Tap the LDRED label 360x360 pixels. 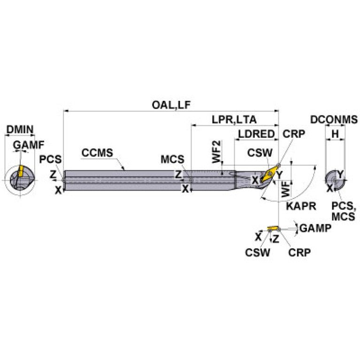click(256, 134)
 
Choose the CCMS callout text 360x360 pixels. click(97, 153)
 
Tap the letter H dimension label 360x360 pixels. click(335, 134)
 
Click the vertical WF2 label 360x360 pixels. click(216, 151)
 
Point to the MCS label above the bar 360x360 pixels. click(172, 159)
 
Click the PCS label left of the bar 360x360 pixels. click(50, 159)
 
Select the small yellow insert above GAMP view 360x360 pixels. click(272, 229)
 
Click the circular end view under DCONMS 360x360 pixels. click(335, 179)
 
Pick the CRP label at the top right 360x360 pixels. click(294, 133)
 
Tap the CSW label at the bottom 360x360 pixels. click(257, 253)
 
